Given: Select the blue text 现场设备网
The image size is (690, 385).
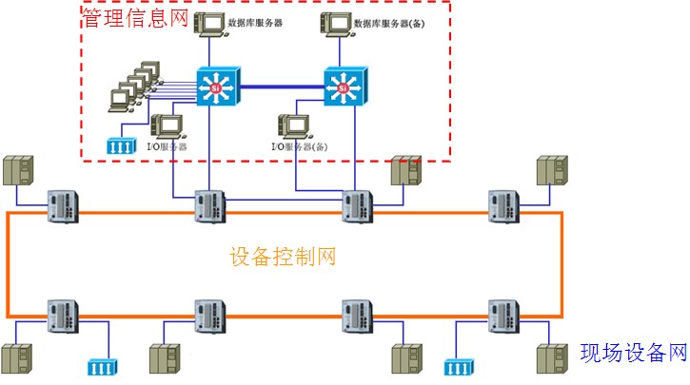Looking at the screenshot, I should [x=634, y=354].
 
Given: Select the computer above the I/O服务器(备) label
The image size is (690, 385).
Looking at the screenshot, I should [x=292, y=128].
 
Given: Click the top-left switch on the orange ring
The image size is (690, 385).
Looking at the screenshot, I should [x=64, y=206].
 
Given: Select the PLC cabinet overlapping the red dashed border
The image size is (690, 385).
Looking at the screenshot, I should [x=404, y=173].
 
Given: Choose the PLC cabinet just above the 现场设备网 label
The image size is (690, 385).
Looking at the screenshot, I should [x=551, y=362].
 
